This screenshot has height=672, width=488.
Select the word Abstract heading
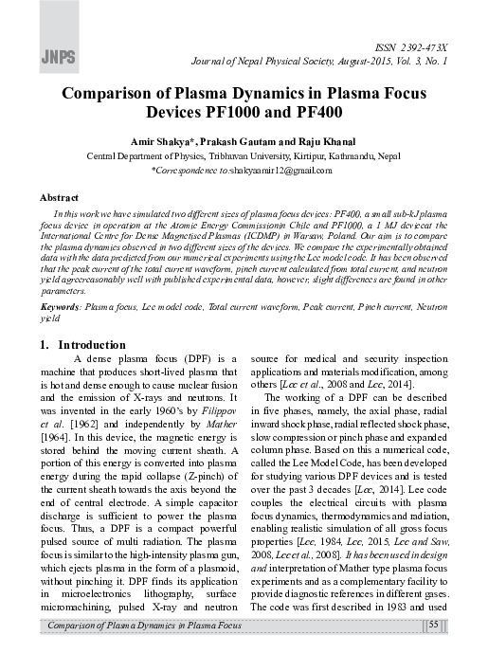58,197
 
